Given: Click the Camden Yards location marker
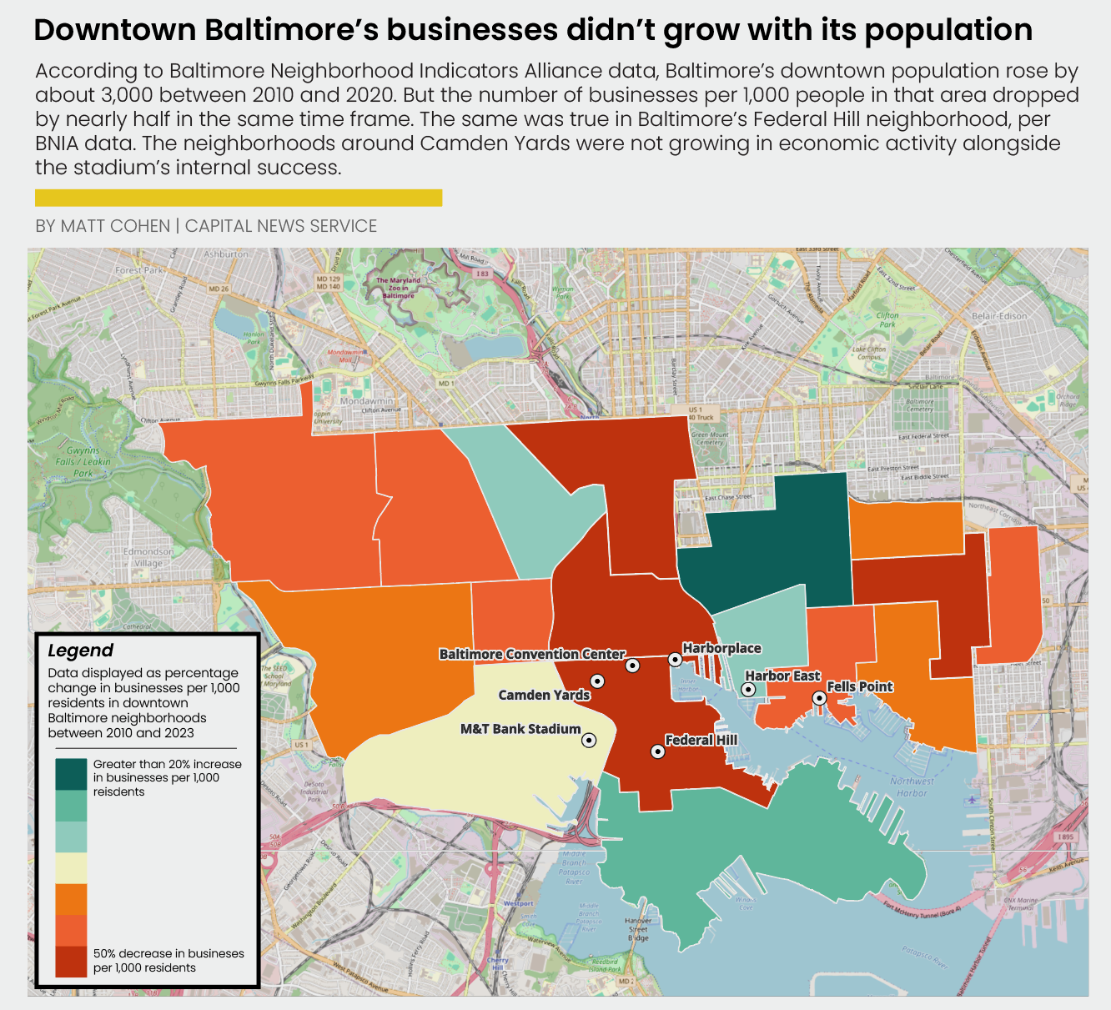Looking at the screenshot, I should tap(597, 681).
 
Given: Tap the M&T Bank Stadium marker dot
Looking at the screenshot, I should tap(589, 740).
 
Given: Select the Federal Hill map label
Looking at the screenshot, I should tap(701, 740).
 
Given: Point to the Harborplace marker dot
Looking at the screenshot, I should tap(675, 660).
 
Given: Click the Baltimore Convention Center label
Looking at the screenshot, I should tap(532, 655).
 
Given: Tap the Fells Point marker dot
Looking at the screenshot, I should tap(819, 698).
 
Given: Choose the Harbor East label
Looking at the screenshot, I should tap(782, 676).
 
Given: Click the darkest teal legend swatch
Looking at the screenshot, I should tap(71, 774).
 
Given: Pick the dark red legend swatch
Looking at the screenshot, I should tap(71, 961).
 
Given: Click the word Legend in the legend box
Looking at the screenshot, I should tap(80, 651).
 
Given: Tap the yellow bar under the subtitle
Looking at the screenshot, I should tap(238, 198).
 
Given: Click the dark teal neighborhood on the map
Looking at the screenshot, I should tap(767, 542).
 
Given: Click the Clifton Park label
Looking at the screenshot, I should tap(887, 319).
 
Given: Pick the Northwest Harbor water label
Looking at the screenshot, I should tap(912, 787).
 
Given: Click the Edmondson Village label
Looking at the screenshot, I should tap(148, 557).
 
